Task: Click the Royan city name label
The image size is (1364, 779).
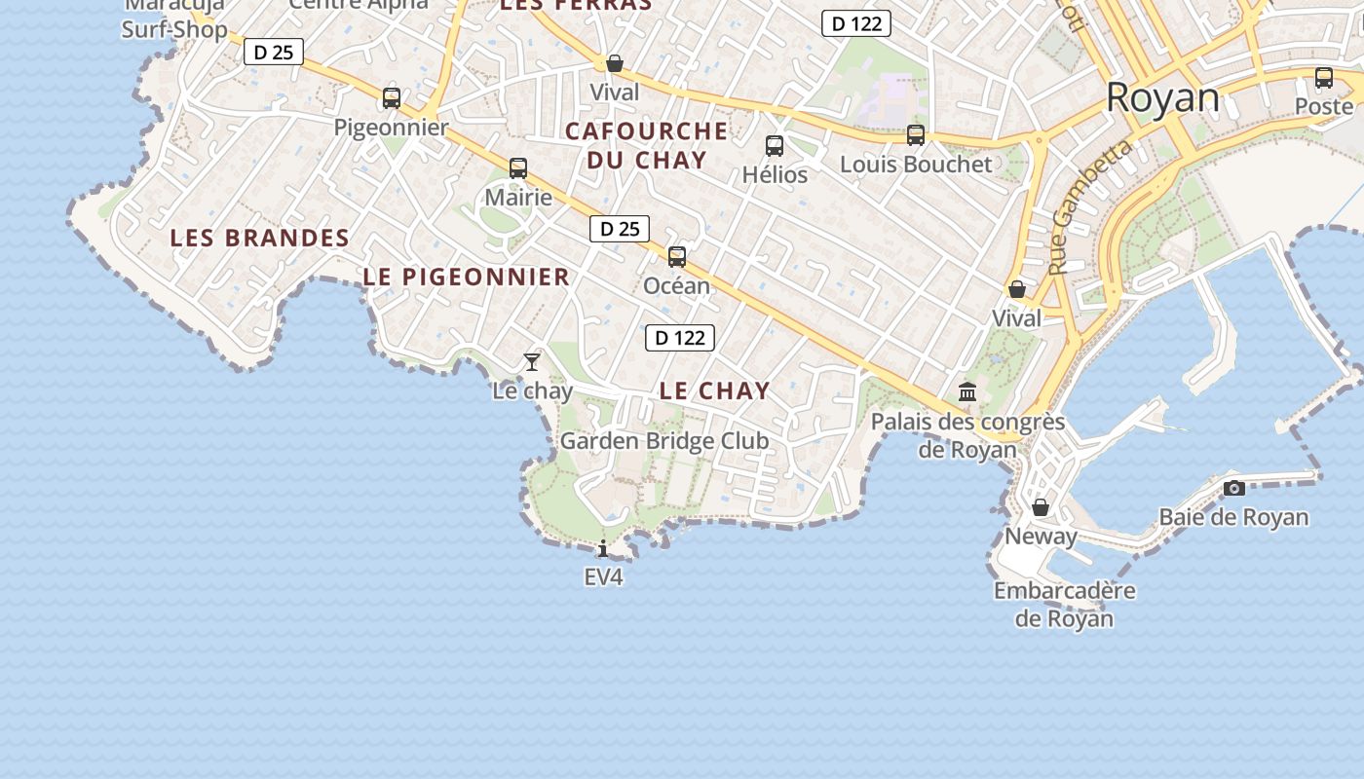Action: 1162,98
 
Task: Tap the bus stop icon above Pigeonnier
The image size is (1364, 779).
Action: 392,97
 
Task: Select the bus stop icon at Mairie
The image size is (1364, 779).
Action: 518,167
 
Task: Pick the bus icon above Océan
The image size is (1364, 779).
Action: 677,257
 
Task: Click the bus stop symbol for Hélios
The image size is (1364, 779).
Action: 775,146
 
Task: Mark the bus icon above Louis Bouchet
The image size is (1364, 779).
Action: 916,135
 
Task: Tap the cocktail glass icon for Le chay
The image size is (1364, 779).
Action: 532,362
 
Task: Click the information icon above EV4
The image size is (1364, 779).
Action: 603,548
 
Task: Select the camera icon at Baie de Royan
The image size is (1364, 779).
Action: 1234,488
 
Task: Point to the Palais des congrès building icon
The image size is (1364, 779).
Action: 967,392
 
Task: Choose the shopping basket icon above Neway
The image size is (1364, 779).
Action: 1041,507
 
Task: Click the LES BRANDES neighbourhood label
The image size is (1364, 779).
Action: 259,238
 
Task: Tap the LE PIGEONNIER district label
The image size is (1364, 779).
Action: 467,277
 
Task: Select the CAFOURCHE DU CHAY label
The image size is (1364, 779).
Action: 647,145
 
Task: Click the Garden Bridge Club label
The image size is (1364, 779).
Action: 664,441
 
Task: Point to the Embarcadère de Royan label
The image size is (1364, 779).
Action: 1064,604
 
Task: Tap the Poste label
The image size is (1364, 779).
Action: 1324,106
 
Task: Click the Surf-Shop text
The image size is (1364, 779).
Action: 174,29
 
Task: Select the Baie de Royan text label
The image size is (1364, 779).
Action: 1233,517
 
